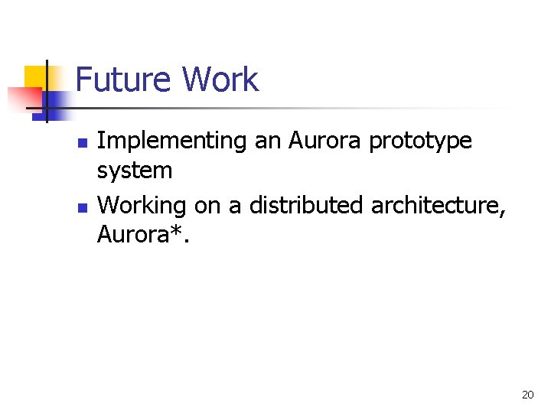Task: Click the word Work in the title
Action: pyautogui.click(x=220, y=80)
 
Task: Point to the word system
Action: pyautogui.click(x=135, y=171)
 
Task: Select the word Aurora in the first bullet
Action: pyautogui.click(x=319, y=141)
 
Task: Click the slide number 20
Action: pyautogui.click(x=527, y=395)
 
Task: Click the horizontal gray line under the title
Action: pyautogui.click(x=306, y=109)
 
